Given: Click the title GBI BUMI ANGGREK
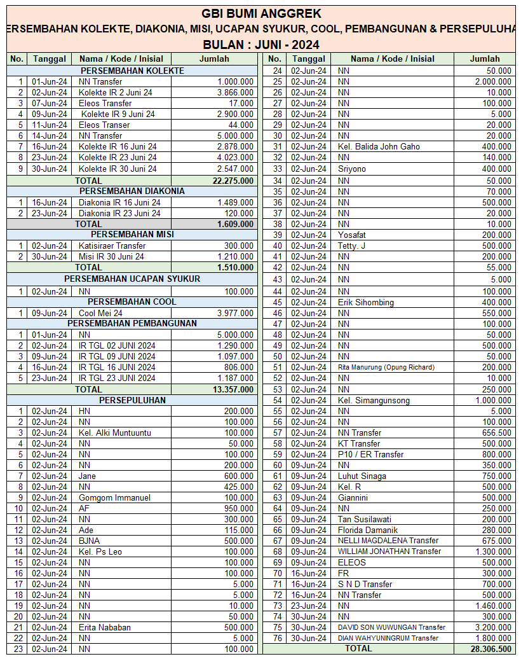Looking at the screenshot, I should (261, 13).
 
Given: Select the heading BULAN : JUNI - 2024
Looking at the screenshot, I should (261, 45).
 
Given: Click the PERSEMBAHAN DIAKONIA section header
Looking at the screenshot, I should (132, 191).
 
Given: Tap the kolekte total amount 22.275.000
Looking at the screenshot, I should (233, 181).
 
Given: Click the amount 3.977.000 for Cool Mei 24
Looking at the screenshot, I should (235, 313).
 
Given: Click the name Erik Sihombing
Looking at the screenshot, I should (366, 302).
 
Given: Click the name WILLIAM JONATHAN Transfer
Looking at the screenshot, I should (389, 551).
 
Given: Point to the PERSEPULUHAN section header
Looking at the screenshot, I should (132, 400).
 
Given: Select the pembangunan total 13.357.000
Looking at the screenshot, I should (233, 389).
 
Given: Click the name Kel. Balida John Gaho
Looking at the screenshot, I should (379, 146).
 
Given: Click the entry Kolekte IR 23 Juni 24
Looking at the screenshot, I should (118, 157).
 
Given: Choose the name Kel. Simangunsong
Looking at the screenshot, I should (374, 401).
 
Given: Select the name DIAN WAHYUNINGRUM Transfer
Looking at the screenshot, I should (388, 638).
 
